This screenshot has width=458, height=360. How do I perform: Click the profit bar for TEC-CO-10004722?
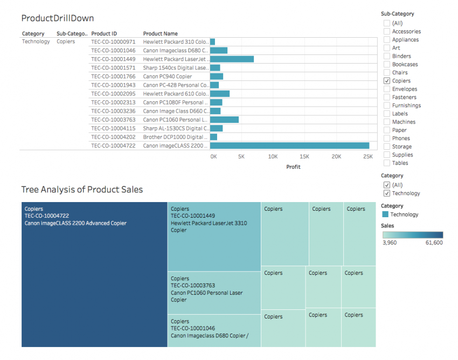click(x=289, y=146)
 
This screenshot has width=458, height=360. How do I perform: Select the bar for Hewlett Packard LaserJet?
click(x=232, y=59)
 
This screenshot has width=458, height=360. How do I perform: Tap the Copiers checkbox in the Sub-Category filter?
click(x=387, y=81)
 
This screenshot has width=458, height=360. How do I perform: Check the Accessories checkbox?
click(x=387, y=32)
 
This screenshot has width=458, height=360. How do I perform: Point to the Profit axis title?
click(x=293, y=167)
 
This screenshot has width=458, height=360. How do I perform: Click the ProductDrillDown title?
click(x=58, y=18)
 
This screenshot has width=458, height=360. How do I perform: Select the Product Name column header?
click(x=160, y=34)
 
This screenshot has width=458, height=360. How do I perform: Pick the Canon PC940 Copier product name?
click(x=167, y=77)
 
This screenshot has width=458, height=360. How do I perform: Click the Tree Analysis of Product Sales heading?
click(x=82, y=190)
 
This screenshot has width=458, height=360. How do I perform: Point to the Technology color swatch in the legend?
click(x=385, y=214)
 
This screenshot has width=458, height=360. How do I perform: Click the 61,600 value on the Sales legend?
click(x=434, y=243)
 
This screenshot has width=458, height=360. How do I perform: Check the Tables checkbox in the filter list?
click(x=387, y=163)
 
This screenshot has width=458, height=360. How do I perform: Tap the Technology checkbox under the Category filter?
click(x=387, y=193)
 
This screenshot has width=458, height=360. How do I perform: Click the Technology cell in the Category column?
click(x=36, y=41)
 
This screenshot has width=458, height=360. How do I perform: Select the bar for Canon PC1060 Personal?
click(x=224, y=120)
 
